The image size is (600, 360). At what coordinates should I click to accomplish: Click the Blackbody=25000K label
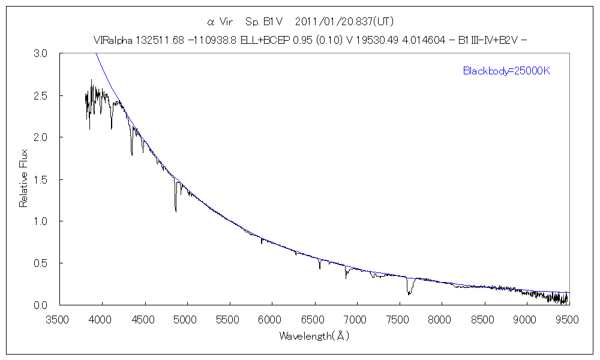[506, 71]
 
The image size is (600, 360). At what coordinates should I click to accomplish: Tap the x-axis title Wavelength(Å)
[314, 336]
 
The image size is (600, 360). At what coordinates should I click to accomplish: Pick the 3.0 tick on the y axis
[40, 53]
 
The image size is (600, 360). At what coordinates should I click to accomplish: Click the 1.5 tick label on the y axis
[40, 179]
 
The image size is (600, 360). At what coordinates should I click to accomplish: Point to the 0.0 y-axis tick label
[40, 305]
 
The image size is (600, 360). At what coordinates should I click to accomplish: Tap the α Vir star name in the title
[220, 22]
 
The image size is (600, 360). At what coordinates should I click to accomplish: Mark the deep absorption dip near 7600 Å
[409, 292]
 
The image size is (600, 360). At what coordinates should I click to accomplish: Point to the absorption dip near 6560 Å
[320, 268]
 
